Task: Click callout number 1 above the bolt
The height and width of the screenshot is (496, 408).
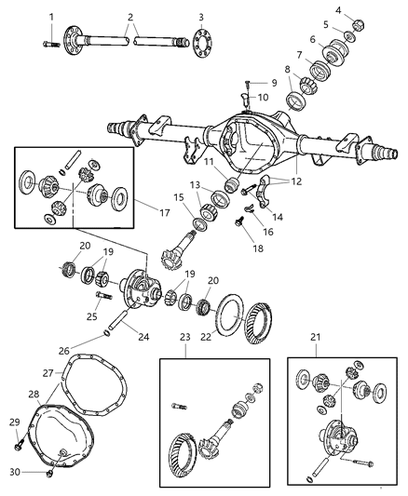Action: point(50,17)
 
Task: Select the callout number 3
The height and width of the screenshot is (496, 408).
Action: point(200,17)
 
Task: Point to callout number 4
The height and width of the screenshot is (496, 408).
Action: point(363,10)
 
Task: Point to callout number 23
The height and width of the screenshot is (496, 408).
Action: point(184,338)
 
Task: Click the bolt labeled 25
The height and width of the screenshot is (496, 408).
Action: point(99,297)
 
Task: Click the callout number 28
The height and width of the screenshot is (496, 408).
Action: point(34,395)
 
